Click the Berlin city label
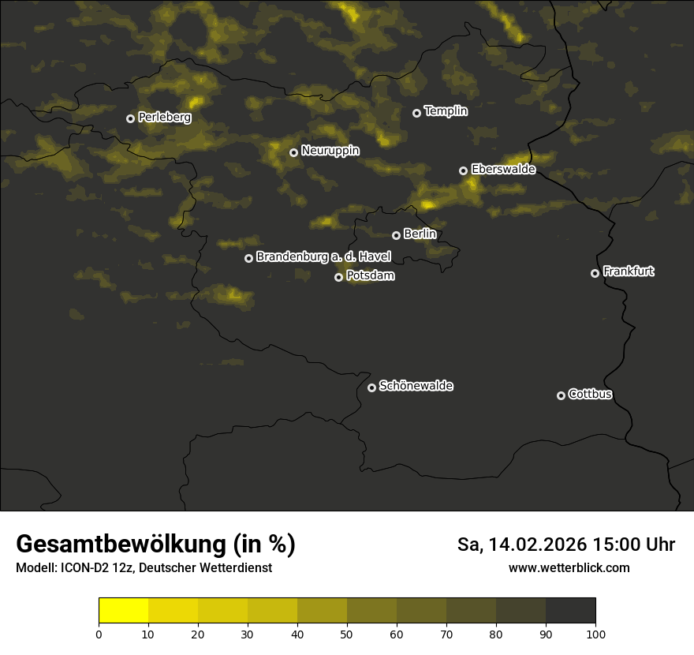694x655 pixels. point(420,234)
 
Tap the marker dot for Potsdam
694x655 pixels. point(339,277)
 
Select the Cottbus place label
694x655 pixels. point(590,394)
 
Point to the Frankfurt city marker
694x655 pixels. point(595,273)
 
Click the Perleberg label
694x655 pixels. point(165,117)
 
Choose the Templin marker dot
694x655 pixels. point(417,113)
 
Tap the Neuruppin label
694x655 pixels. point(330,150)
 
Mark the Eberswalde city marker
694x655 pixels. point(464,170)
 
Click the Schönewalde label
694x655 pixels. point(416,386)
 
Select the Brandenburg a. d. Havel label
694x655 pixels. point(323,256)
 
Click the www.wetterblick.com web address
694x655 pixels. point(569,567)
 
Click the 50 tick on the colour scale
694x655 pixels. point(347,633)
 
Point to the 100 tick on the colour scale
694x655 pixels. point(595,633)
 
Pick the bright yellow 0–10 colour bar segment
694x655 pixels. point(124,610)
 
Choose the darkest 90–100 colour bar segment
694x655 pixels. point(570,610)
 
